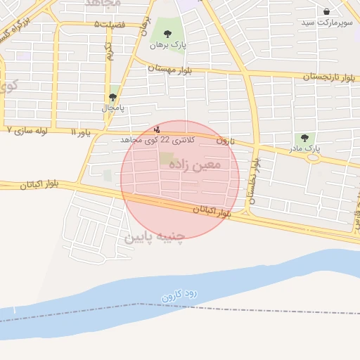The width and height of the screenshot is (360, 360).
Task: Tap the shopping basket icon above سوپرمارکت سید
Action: (327, 11)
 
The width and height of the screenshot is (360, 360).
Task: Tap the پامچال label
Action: (112, 108)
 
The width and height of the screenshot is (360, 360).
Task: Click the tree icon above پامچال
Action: (112, 98)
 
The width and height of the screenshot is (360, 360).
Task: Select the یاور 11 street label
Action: (82, 131)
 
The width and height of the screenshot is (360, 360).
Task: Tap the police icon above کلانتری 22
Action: (157, 129)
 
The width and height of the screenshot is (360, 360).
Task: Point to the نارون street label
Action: (224, 140)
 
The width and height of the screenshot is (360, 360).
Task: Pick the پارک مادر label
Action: (304, 149)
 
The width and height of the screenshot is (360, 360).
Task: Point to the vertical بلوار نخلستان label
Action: (253, 184)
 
